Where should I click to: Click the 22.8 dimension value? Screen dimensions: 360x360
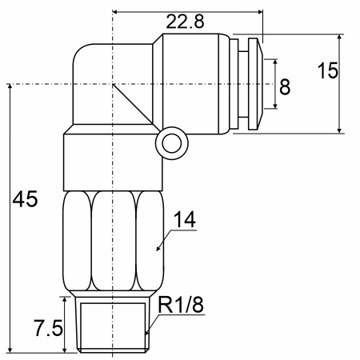pyautogui.click(x=185, y=22)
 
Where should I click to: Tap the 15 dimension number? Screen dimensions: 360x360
pyautogui.click(x=328, y=70)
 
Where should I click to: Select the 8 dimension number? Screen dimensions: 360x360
pyautogui.click(x=285, y=87)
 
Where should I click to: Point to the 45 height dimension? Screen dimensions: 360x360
pyautogui.click(x=25, y=199)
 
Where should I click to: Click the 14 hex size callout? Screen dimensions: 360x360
pyautogui.click(x=185, y=219)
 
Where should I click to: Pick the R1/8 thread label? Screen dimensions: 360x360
pyautogui.click(x=181, y=305)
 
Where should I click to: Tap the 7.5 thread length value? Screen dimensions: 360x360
pyautogui.click(x=49, y=328)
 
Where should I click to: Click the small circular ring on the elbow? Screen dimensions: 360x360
pyautogui.click(x=172, y=143)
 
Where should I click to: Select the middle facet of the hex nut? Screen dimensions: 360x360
pyautogui.click(x=114, y=241)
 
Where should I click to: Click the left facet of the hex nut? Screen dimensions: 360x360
pyautogui.click(x=78, y=241)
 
